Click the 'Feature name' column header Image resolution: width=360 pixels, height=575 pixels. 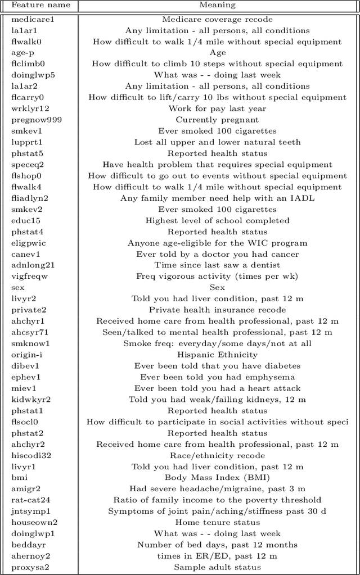[x=41, y=6]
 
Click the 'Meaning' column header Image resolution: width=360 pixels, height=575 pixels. [x=217, y=6]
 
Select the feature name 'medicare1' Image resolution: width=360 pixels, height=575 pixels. [x=33, y=20]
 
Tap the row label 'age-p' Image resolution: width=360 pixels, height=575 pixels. [x=23, y=53]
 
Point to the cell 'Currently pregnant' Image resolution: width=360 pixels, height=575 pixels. [x=217, y=120]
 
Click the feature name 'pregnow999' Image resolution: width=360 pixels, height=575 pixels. [x=37, y=120]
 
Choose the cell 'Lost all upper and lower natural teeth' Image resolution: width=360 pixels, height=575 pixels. [x=217, y=142]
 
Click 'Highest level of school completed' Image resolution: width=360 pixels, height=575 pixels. [x=217, y=220]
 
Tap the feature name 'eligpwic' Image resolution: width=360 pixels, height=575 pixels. [x=29, y=243]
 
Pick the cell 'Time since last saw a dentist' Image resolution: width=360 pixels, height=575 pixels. [x=217, y=265]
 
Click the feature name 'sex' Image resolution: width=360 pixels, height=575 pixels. [x=18, y=287]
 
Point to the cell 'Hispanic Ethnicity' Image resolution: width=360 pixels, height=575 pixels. [x=217, y=355]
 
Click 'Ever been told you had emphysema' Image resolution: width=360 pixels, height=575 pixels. [x=217, y=377]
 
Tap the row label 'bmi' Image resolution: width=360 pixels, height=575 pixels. [x=19, y=478]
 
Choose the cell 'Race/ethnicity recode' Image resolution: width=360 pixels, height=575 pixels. [x=217, y=455]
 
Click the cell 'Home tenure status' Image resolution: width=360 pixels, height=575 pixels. [x=217, y=522]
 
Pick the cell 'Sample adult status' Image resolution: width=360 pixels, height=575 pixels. [x=217, y=567]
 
